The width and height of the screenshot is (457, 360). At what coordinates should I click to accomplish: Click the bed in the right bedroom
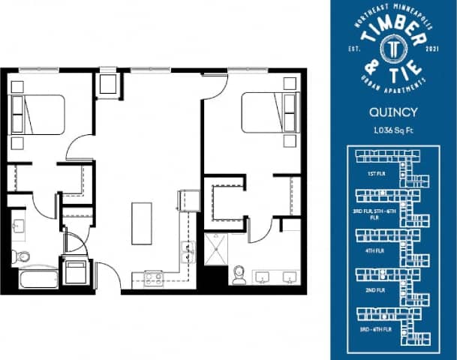[x=267, y=112]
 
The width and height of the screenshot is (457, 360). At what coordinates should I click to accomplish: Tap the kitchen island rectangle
[x=142, y=223]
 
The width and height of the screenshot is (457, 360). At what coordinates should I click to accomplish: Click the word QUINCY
[x=393, y=114]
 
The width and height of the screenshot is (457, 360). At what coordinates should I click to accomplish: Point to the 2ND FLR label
[x=376, y=289]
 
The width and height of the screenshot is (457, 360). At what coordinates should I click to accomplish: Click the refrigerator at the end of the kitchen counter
[x=186, y=201]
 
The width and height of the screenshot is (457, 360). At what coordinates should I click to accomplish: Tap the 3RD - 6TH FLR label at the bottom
[x=376, y=329]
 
